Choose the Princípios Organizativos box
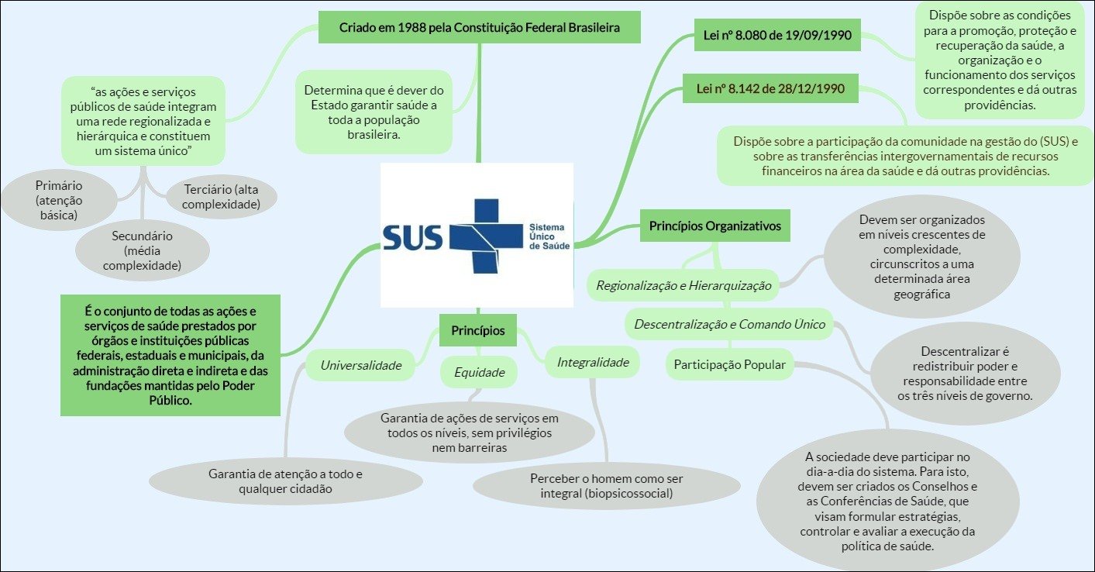tap(715, 226)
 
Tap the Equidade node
tap(480, 372)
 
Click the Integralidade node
tap(593, 362)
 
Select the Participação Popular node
tap(729, 364)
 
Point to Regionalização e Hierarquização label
tap(684, 285)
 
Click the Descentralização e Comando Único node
tap(730, 324)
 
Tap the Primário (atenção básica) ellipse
tap(59, 200)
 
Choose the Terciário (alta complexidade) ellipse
tap(222, 197)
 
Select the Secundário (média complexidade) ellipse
tap(142, 250)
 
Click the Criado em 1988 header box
tap(479, 28)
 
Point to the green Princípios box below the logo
tap(477, 331)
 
